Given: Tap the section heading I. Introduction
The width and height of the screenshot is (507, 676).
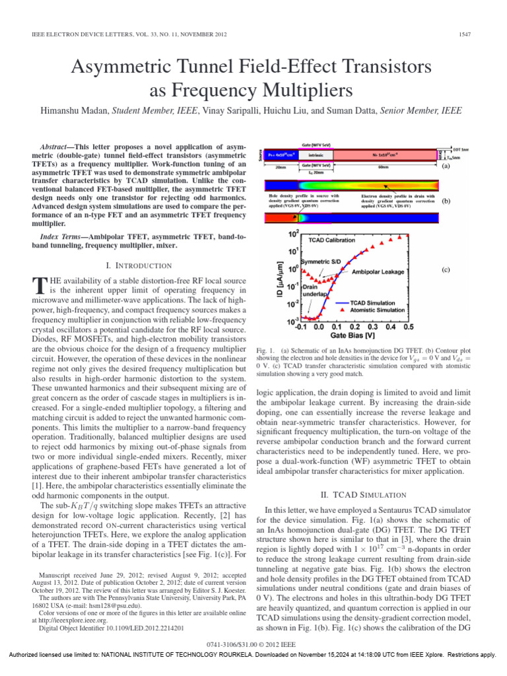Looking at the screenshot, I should coord(139,265).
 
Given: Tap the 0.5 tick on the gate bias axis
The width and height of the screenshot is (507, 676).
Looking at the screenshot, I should coord(409,326).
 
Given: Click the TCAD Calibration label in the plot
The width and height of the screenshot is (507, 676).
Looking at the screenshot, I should coord(331,240).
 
